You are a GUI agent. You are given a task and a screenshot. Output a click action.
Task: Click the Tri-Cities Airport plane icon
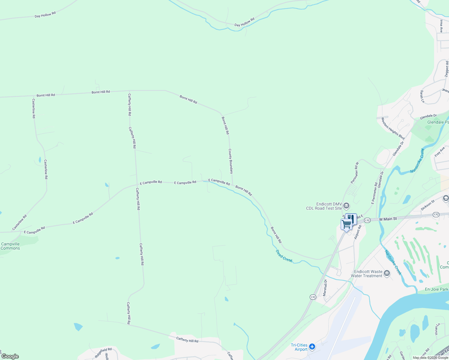coord(312,347)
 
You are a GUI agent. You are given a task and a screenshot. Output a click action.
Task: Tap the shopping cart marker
coord(346,224)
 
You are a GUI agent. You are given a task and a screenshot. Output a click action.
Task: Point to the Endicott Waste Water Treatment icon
coord(387,273)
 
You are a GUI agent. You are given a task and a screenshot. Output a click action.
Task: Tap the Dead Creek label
coord(284,256)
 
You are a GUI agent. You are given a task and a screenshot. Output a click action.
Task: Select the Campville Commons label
coord(10,246)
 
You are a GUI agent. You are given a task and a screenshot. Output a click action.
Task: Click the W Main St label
coord(388,219)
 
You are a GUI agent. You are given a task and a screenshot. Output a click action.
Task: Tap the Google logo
coord(10,356)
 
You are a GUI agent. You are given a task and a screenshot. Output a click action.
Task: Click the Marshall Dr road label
coord(325,288)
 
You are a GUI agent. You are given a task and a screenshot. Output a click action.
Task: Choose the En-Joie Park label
coord(436,289)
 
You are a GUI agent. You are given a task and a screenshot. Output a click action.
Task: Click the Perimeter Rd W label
coord(355,173)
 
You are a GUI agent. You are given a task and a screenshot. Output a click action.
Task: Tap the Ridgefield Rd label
coord(103,352)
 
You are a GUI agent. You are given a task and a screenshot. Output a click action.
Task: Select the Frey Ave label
coord(440,152)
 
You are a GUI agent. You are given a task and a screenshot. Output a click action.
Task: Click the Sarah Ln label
coord(422,96)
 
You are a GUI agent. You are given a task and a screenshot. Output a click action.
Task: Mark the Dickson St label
coord(428,205)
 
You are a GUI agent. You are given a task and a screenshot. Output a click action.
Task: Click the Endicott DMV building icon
coord(346,205)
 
